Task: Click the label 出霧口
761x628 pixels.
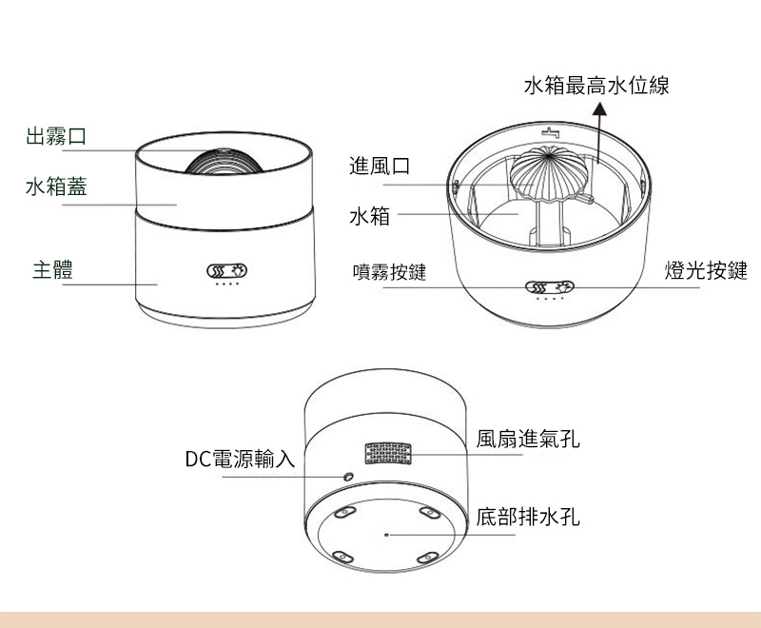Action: point(56,136)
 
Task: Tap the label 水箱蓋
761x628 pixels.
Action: point(56,186)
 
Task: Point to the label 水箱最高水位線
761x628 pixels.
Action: point(596,86)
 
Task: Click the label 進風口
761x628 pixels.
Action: point(380,167)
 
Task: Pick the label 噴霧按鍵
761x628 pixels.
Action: point(388,272)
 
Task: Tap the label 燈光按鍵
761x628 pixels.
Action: point(706,271)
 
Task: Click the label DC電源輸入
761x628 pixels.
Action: point(240,460)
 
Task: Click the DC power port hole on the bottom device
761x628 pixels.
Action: point(348,475)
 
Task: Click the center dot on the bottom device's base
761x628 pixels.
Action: point(385,535)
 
